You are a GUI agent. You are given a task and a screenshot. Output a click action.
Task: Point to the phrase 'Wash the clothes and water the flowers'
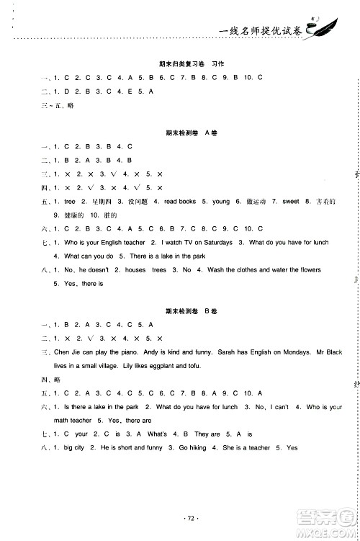[x=253, y=270]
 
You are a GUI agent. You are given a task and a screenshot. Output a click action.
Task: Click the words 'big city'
[x=74, y=447]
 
